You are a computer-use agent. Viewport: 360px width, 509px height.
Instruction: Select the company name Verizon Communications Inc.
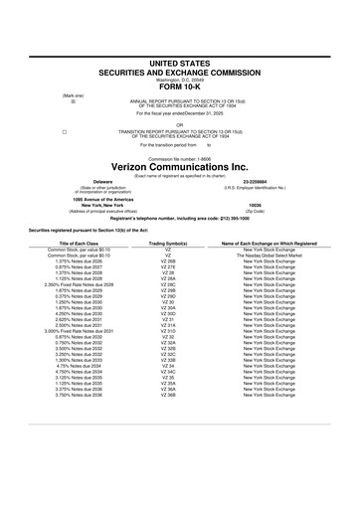tap(179, 167)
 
